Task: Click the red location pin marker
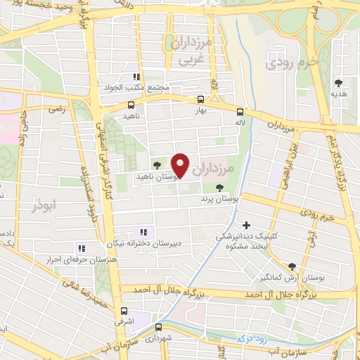click(x=181, y=166)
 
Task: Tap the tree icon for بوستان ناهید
click(x=156, y=165)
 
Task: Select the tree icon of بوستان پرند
click(x=220, y=187)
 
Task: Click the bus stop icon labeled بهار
click(x=201, y=99)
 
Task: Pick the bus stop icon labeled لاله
click(x=240, y=111)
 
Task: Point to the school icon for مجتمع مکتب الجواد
click(x=136, y=77)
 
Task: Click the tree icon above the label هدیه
click(x=340, y=82)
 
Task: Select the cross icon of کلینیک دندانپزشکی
click(x=245, y=225)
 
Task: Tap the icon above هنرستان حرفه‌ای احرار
click(x=82, y=248)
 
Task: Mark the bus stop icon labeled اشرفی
click(x=124, y=310)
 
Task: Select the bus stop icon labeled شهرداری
click(x=159, y=326)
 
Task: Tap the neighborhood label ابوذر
click(x=44, y=207)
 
